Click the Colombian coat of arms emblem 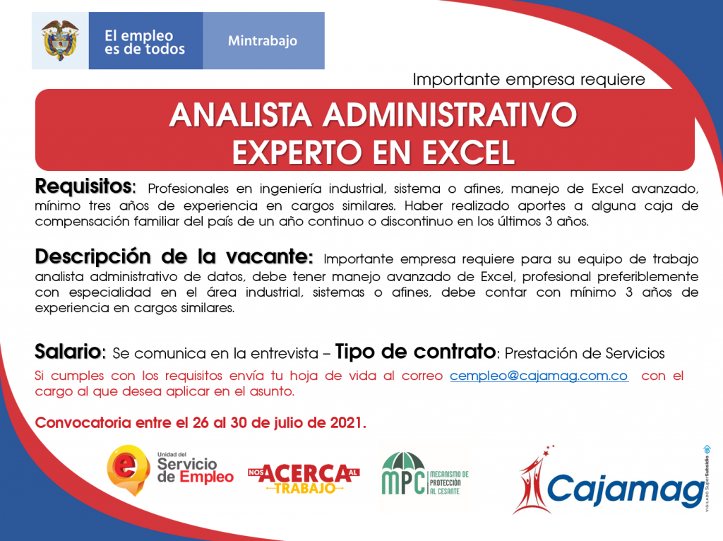[60, 40]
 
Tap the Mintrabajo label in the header [263, 41]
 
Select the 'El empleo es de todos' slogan [144, 42]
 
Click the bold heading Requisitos [85, 186]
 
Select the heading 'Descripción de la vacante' [174, 256]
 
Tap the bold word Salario [70, 352]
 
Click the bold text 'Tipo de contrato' [415, 352]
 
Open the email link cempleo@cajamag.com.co [539, 376]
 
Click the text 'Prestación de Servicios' [585, 353]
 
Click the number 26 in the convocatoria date [201, 422]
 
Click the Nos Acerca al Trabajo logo [304, 478]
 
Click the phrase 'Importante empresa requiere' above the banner [529, 79]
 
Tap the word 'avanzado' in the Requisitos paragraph [665, 189]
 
